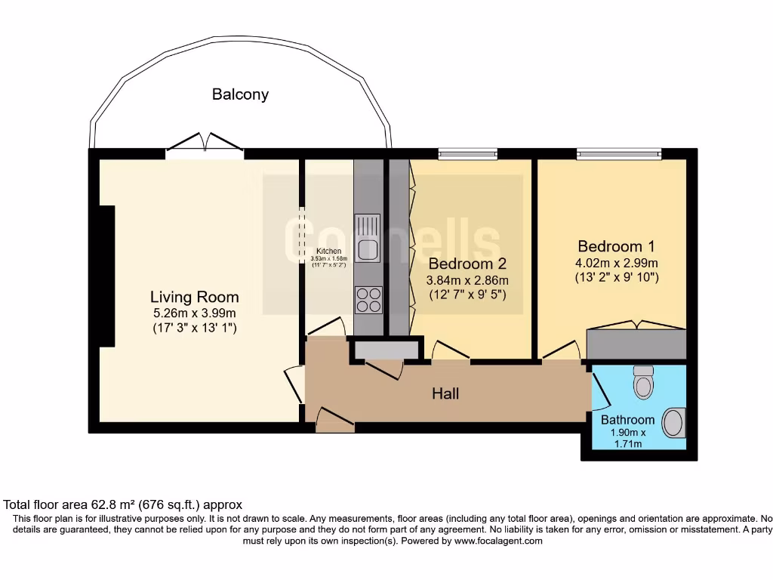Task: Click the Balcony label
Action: [240, 94]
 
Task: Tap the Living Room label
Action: [194, 297]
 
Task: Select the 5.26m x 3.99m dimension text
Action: [194, 313]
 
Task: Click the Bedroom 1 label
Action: [616, 246]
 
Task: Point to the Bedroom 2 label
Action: [467, 264]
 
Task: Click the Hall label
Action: [445, 393]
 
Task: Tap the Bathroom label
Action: [627, 420]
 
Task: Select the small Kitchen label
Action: [328, 251]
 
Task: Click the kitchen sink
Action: [368, 239]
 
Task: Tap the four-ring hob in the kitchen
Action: [368, 300]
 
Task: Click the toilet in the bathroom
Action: [643, 381]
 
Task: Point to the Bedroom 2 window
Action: [467, 154]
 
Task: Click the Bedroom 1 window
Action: [619, 154]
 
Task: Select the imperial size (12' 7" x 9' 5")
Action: [467, 295]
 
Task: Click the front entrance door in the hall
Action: [334, 421]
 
